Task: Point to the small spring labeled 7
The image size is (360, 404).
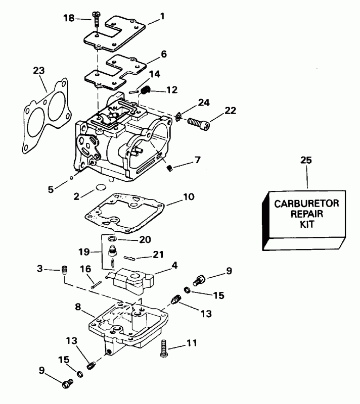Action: (x=170, y=167)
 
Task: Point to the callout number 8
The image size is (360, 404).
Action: (x=78, y=306)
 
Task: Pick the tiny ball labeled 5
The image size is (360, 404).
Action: (x=72, y=178)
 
